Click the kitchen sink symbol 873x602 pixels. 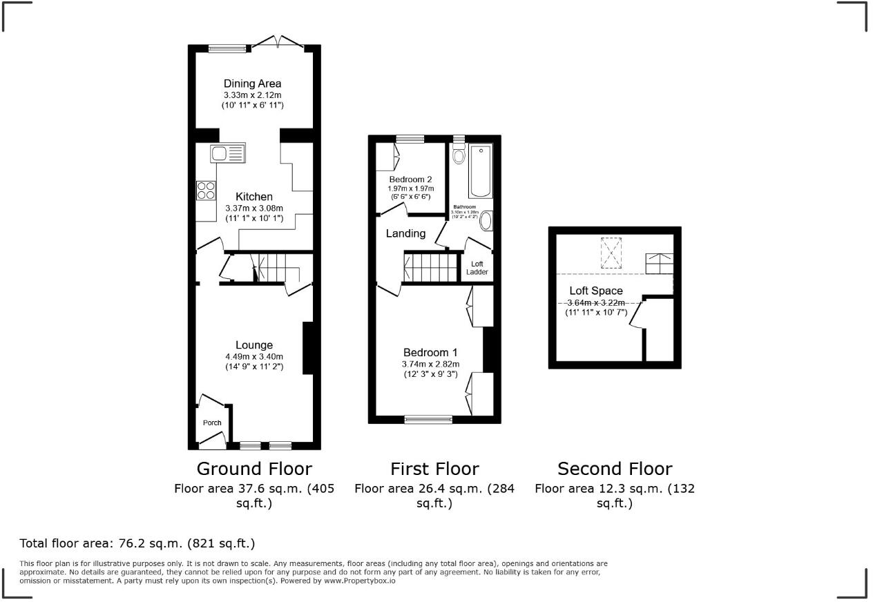pyautogui.click(x=227, y=152)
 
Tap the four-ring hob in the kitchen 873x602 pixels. pyautogui.click(x=206, y=190)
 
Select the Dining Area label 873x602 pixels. pyautogui.click(x=252, y=84)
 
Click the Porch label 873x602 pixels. pyautogui.click(x=212, y=423)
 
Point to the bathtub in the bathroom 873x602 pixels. pyautogui.click(x=480, y=171)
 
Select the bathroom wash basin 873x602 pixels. pyautogui.click(x=486, y=221)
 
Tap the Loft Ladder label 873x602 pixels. pyautogui.click(x=477, y=268)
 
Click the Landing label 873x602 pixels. pyautogui.click(x=405, y=233)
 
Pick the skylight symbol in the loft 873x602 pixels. pyautogui.click(x=611, y=252)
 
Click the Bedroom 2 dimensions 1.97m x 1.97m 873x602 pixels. pyautogui.click(x=410, y=188)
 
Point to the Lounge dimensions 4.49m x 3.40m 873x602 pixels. pyautogui.click(x=253, y=357)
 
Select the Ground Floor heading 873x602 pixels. pyautogui.click(x=254, y=469)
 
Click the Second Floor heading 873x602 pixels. pyautogui.click(x=615, y=469)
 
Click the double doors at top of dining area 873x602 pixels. pyautogui.click(x=278, y=43)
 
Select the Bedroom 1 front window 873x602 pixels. pyautogui.click(x=428, y=418)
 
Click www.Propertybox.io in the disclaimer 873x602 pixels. pyautogui.click(x=359, y=581)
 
